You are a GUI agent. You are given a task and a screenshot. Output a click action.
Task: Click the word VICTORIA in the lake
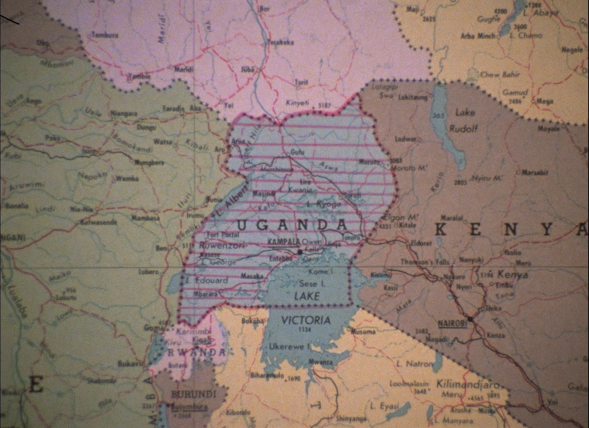305,320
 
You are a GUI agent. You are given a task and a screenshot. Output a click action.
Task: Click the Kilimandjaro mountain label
467,384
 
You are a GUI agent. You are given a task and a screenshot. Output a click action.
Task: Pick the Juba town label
247,69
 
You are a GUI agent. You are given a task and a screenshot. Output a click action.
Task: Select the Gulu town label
297,152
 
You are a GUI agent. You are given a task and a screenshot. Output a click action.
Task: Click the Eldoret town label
421,243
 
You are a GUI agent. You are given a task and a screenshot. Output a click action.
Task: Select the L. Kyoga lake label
324,204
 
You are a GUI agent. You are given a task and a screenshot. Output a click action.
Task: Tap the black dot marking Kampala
300,251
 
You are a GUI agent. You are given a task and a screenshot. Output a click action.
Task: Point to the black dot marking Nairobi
470,319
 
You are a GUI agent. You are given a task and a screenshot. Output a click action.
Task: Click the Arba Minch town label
478,36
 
